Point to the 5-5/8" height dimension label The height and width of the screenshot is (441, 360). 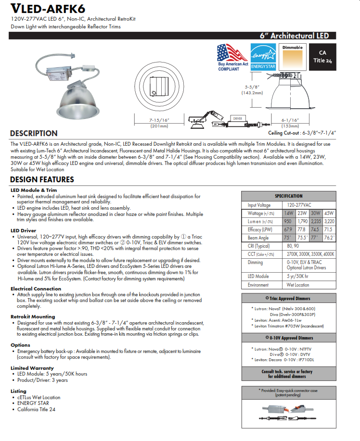249,89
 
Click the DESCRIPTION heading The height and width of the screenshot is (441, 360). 34,133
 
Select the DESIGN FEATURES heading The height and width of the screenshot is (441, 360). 42,179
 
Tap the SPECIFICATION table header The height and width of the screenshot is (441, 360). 289,196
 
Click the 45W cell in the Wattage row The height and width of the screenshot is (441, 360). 329,213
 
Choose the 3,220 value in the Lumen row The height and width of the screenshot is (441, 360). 329,222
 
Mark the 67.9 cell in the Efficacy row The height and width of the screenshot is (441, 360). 288,230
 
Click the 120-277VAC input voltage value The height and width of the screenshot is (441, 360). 294,205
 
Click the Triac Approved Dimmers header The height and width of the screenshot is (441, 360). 289,298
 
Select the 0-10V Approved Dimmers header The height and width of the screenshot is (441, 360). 289,338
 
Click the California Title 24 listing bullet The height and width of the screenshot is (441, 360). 36,409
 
